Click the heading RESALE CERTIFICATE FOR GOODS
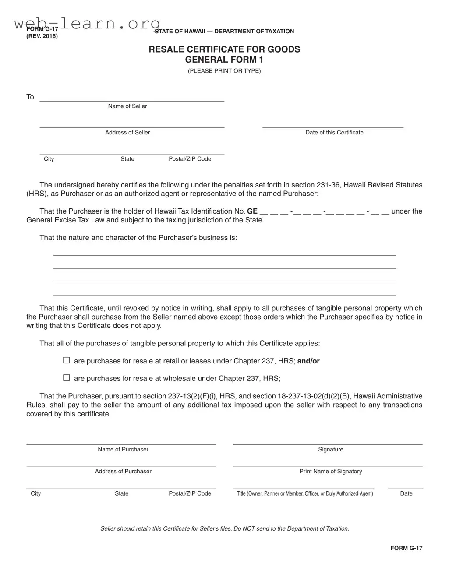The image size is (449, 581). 224,49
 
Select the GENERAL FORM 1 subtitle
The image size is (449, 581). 224,60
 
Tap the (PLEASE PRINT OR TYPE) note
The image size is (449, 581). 224,71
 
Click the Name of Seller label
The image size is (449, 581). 127,106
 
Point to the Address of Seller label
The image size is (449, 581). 127,132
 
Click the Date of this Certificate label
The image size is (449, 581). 334,132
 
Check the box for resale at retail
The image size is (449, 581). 67,360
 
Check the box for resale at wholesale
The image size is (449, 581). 67,378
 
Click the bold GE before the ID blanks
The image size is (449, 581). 252,211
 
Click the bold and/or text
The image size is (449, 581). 308,361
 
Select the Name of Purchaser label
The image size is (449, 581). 123,449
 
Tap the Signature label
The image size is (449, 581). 331,449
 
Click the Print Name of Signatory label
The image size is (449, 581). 331,471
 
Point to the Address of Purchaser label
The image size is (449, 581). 123,471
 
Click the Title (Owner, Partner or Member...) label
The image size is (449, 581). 305,493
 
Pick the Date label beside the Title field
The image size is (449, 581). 406,493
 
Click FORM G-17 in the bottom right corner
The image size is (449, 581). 407,548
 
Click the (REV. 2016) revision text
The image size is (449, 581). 42,36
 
